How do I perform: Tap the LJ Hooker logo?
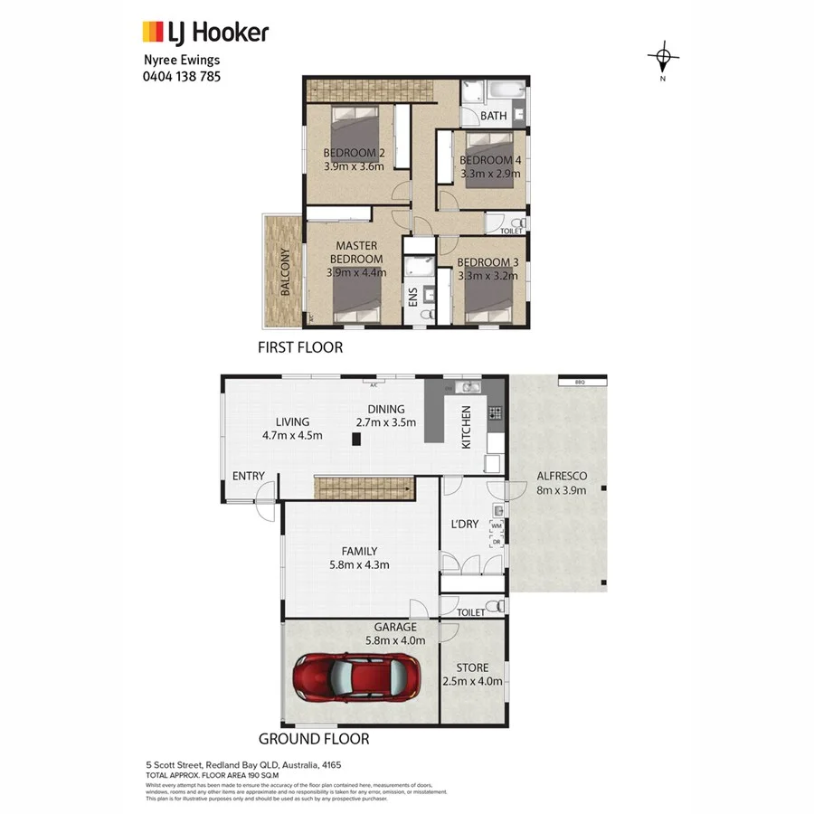tap(206, 33)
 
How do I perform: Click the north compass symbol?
tap(664, 60)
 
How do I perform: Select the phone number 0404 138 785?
tap(181, 77)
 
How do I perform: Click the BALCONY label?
tap(285, 272)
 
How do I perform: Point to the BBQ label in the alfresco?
tap(580, 383)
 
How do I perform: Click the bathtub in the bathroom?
tap(505, 90)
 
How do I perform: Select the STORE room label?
tap(471, 668)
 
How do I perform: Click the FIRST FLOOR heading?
tap(300, 347)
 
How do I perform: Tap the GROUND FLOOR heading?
tap(314, 739)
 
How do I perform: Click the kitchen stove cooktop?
tap(495, 413)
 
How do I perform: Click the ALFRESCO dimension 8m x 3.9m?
tap(562, 490)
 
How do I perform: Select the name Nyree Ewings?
tap(181, 61)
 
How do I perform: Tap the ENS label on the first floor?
tap(413, 298)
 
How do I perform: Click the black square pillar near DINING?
tap(357, 439)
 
